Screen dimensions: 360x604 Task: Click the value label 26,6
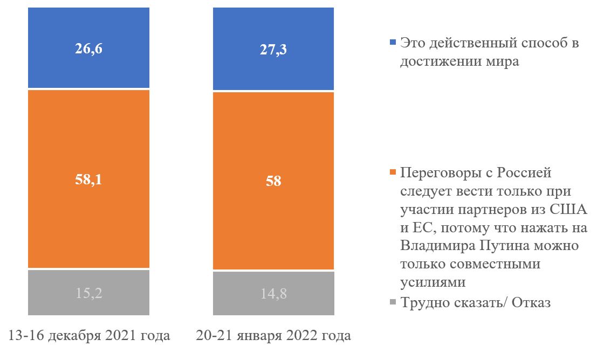[89, 49]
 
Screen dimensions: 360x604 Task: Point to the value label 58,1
[89, 179]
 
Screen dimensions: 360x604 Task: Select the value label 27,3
[274, 50]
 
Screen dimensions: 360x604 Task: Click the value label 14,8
[274, 293]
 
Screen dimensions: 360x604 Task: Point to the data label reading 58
[274, 181]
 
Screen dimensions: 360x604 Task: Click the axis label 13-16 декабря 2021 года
[89, 336]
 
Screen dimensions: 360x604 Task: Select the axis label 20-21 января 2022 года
[274, 336]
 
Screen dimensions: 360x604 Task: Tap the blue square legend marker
[392, 42]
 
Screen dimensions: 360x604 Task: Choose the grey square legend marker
[392, 302]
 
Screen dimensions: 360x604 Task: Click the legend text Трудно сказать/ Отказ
[475, 302]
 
